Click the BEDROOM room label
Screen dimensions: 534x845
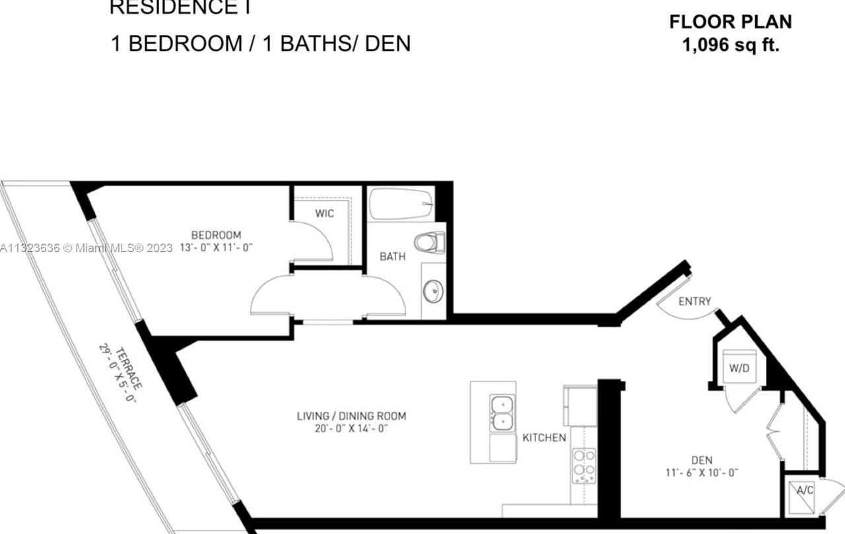coord(216,235)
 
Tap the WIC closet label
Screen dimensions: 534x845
coord(324,213)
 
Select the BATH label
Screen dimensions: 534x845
coord(392,257)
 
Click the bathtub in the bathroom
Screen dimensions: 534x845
coord(400,204)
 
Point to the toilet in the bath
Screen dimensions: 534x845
coord(430,242)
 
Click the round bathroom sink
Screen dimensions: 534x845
coord(433,291)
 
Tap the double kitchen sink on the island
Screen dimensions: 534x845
coord(502,413)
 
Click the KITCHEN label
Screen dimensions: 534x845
coord(544,438)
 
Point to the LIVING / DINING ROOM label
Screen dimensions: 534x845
coord(351,416)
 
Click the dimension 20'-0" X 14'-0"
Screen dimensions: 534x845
coord(351,428)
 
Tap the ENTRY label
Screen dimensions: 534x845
coord(694,302)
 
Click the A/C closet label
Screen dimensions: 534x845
coord(804,490)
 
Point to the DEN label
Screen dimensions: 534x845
coord(702,460)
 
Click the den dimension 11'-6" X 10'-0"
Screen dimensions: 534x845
coord(702,473)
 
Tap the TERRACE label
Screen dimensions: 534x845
coord(129,368)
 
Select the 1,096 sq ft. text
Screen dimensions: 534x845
coord(731,46)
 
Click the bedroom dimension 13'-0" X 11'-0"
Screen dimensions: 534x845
coord(217,248)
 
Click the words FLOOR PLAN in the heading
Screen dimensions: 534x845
coord(731,22)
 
